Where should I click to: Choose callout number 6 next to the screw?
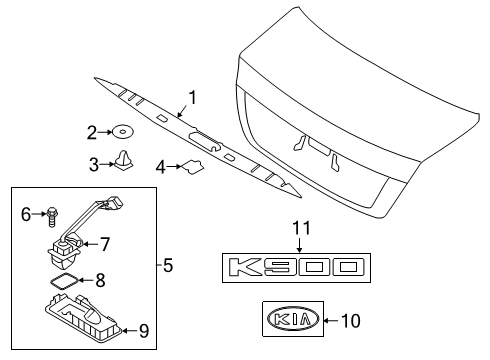(x=26, y=212)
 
